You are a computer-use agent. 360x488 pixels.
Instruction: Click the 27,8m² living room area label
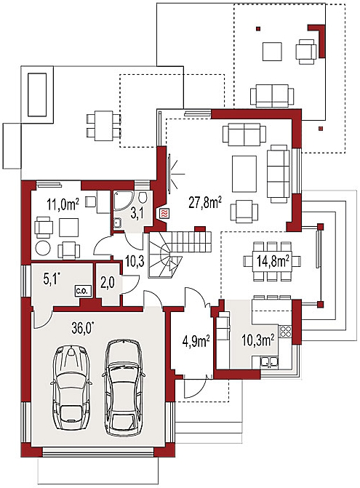click(205, 203)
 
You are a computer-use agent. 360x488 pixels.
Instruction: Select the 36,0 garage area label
click(83, 329)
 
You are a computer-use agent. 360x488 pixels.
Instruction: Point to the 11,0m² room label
click(63, 205)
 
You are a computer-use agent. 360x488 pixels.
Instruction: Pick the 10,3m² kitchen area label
click(258, 340)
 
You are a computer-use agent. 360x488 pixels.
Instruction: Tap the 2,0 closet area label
click(108, 283)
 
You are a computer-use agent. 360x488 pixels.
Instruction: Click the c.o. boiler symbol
click(82, 292)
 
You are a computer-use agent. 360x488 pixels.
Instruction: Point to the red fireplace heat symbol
click(164, 213)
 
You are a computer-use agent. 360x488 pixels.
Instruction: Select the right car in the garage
click(123, 388)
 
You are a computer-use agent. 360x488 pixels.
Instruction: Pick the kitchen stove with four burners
click(286, 332)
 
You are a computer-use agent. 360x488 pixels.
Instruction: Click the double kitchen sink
click(269, 362)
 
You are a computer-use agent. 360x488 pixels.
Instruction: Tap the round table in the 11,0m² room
click(43, 248)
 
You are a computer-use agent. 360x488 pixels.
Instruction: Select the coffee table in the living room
click(244, 174)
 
